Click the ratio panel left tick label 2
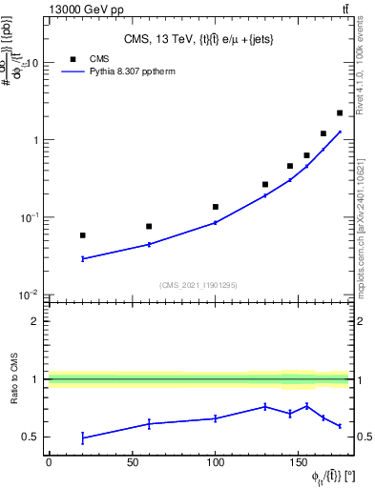pyautogui.click(x=35, y=321)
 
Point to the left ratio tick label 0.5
pyautogui.click(x=31, y=437)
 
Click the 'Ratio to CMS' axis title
pyautogui.click(x=13, y=379)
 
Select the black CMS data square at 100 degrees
pyautogui.click(x=216, y=207)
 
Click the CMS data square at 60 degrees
pyautogui.click(x=149, y=226)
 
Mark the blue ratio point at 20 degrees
pyautogui.click(x=83, y=437)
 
